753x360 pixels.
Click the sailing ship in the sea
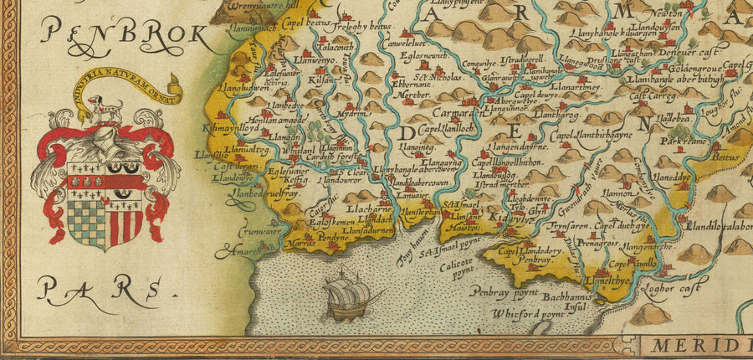click(x=350, y=296)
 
